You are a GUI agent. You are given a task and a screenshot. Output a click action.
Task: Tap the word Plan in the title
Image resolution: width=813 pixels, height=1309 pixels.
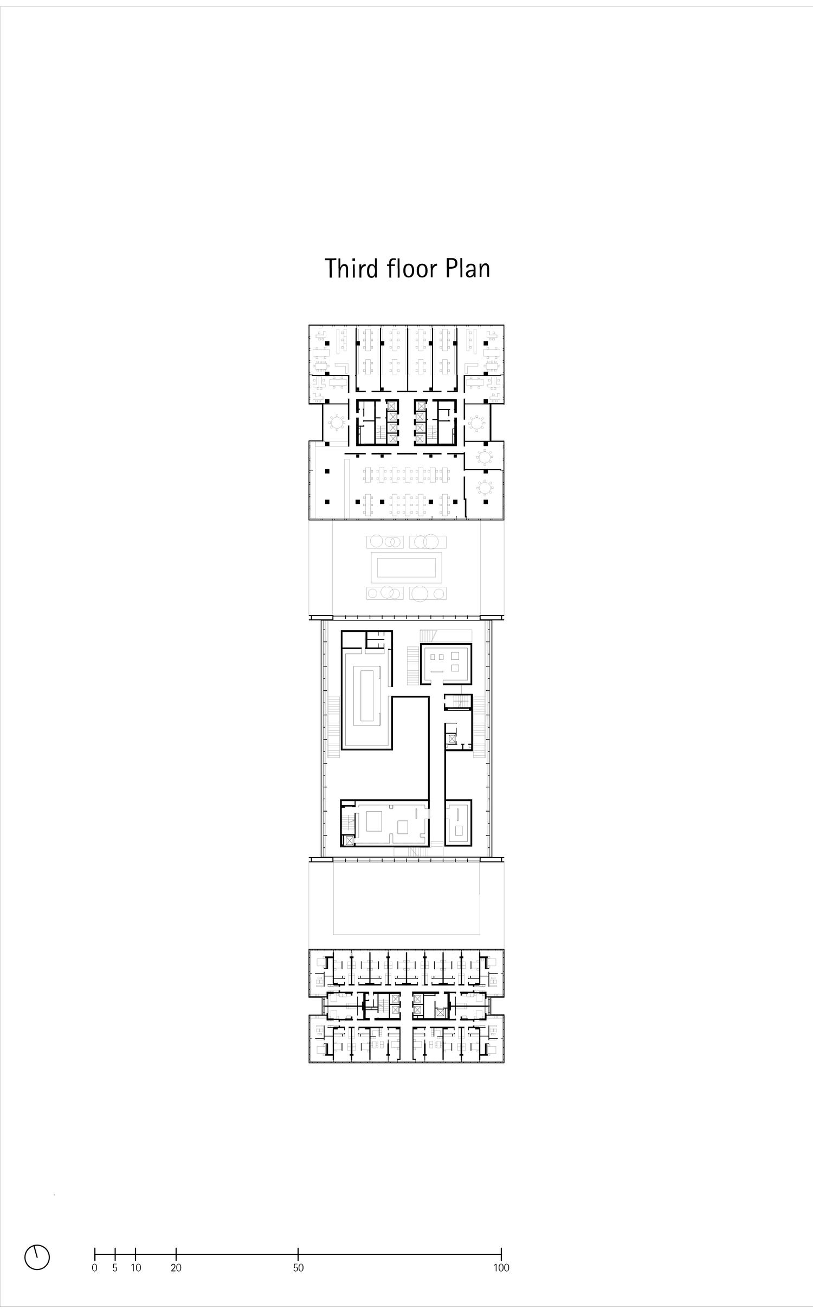[x=468, y=268]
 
